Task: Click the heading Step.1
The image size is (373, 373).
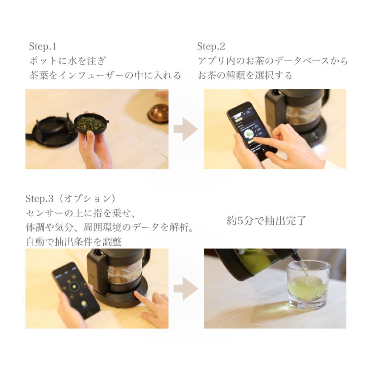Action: click(43, 46)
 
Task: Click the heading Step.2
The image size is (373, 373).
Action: click(211, 46)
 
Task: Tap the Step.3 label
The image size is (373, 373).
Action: click(39, 199)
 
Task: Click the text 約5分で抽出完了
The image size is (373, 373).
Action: click(266, 221)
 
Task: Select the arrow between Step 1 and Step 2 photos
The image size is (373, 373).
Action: click(186, 129)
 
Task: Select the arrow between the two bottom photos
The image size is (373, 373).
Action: click(186, 289)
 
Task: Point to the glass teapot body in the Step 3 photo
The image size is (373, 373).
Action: click(123, 273)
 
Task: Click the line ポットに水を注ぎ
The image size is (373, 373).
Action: click(67, 61)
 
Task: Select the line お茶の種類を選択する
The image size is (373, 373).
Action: click(245, 75)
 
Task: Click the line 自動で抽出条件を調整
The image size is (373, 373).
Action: click(74, 242)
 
